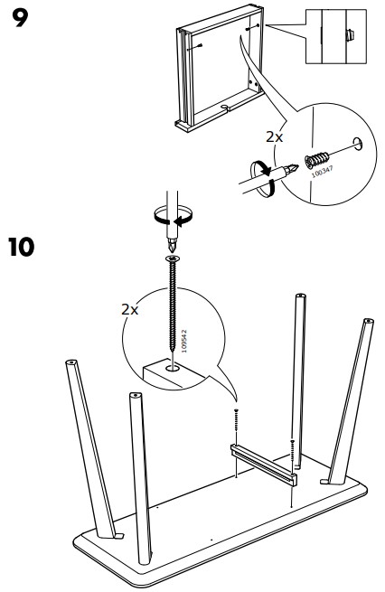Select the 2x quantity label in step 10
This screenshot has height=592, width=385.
[131, 309]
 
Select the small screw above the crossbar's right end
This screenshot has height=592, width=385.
[292, 445]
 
